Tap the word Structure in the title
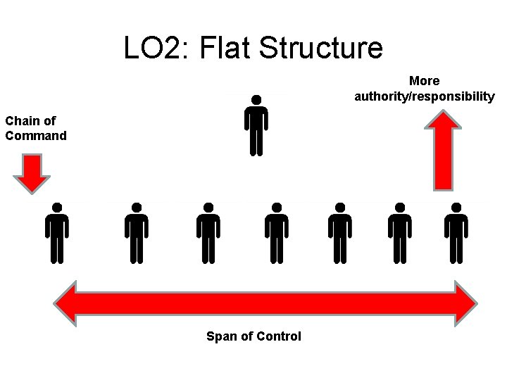pyautogui.click(x=321, y=48)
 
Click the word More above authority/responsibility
pyautogui.click(x=425, y=82)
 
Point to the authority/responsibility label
pyautogui.click(x=425, y=96)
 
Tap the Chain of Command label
pyautogui.click(x=35, y=128)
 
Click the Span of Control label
pyautogui.click(x=254, y=336)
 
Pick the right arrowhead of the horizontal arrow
pyautogui.click(x=465, y=303)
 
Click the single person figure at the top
pyautogui.click(x=256, y=127)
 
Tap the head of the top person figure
pyautogui.click(x=256, y=100)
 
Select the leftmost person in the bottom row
pyautogui.click(x=57, y=234)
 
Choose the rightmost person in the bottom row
pyautogui.click(x=456, y=234)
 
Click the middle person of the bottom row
pyautogui.click(x=277, y=234)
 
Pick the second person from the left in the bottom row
pyautogui.click(x=137, y=234)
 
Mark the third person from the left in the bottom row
pyautogui.click(x=208, y=234)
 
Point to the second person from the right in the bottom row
pyautogui.click(x=400, y=234)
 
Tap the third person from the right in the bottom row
pyautogui.click(x=340, y=234)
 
